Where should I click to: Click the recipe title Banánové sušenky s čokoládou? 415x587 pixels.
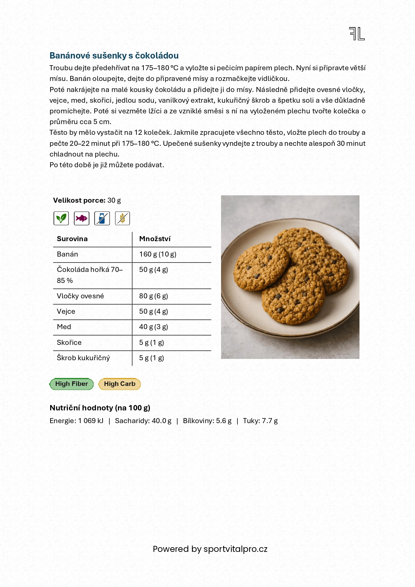tap(114, 56)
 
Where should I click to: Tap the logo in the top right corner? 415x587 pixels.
tap(357, 34)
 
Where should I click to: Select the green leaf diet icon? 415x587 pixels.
tap(61, 218)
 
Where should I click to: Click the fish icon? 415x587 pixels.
tap(82, 218)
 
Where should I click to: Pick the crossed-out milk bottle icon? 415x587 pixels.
tap(102, 218)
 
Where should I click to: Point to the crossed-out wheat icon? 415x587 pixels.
tap(122, 218)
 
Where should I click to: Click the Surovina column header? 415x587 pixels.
tap(72, 239)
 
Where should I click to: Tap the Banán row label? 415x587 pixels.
tap(67, 254)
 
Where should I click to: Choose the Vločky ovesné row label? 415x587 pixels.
tap(80, 296)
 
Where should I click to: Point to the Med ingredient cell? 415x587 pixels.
tap(64, 327)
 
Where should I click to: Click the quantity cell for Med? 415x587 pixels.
tap(153, 327)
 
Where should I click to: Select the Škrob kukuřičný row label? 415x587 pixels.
tap(83, 358)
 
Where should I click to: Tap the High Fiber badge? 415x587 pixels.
tap(72, 384)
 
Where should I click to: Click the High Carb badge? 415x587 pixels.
tap(120, 384)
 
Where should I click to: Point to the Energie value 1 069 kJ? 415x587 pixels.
tap(91, 421)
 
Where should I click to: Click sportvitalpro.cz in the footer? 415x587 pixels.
tap(235, 549)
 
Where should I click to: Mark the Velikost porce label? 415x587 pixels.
tap(79, 200)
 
